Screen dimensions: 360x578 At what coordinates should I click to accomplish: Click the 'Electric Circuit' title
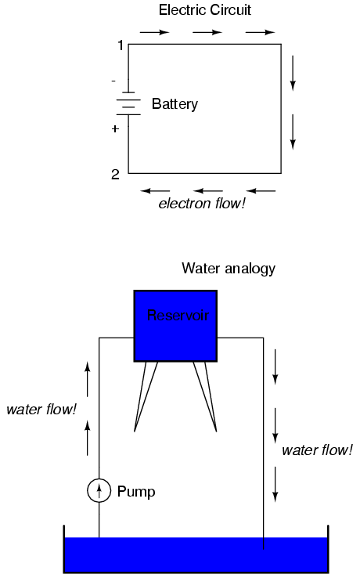pyautogui.click(x=204, y=10)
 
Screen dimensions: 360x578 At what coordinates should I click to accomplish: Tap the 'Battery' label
pyautogui.click(x=175, y=104)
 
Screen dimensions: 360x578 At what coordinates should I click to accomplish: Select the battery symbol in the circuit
pyautogui.click(x=128, y=103)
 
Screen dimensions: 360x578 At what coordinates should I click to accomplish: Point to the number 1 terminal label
pyautogui.click(x=120, y=45)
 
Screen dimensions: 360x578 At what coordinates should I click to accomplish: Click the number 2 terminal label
pyautogui.click(x=115, y=175)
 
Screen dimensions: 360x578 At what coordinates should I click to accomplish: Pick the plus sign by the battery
pyautogui.click(x=115, y=128)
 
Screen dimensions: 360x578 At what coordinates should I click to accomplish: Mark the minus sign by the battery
pyautogui.click(x=113, y=81)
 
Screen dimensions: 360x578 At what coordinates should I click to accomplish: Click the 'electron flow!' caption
pyautogui.click(x=202, y=204)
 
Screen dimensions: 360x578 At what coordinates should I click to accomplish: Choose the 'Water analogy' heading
pyautogui.click(x=229, y=269)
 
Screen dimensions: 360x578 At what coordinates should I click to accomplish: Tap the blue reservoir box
pyautogui.click(x=175, y=326)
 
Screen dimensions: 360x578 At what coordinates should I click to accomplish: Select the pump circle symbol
pyautogui.click(x=99, y=490)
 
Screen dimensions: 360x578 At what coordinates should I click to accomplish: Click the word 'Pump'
pyautogui.click(x=136, y=492)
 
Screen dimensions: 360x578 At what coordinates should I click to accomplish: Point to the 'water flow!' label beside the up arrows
pyautogui.click(x=41, y=409)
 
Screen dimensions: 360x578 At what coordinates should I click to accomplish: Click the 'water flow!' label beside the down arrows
pyautogui.click(x=317, y=450)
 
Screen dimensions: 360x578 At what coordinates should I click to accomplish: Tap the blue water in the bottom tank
pyautogui.click(x=196, y=555)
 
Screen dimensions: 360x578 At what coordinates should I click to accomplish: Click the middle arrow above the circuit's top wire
pyautogui.click(x=207, y=32)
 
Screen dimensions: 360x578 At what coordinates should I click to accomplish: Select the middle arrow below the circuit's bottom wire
pyautogui.click(x=208, y=191)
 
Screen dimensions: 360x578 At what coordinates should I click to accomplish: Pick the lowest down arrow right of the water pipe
pyautogui.click(x=275, y=484)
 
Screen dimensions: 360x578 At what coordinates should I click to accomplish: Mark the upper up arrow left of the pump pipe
pyautogui.click(x=88, y=379)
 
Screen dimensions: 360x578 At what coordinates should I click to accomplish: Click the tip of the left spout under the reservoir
pyautogui.click(x=135, y=432)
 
